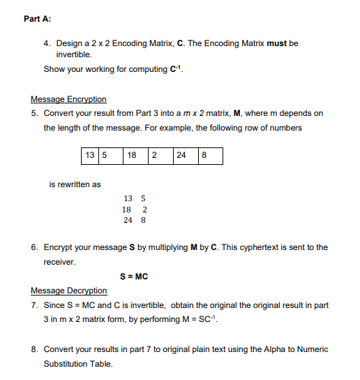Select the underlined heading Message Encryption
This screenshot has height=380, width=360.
pos(68,99)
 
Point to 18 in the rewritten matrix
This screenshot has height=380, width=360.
pos(127,210)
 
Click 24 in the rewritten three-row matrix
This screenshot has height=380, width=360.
pos(128,220)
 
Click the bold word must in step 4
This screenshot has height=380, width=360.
pos(277,43)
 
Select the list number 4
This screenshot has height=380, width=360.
pos(46,43)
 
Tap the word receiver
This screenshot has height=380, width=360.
pos(59,262)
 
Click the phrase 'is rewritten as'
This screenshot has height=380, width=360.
pos(75,184)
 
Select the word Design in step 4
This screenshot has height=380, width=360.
pos(70,43)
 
